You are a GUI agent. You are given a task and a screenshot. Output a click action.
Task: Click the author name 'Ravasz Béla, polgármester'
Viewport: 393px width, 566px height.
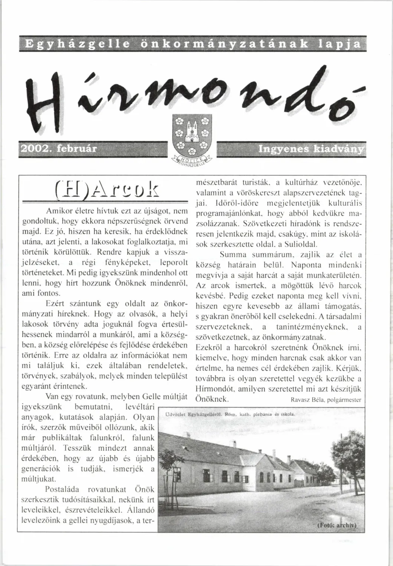326,400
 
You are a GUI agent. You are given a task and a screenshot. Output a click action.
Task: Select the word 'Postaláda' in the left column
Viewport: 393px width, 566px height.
62,490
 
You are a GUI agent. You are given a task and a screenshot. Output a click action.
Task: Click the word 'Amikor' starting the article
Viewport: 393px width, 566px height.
58,211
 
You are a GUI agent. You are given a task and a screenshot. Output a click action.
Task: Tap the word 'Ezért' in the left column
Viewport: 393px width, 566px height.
55,303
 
